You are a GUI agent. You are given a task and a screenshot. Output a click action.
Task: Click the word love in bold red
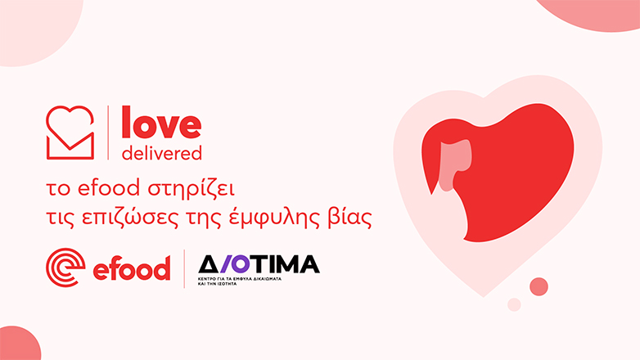[x=160, y=124]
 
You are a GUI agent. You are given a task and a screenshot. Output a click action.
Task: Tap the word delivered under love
[x=160, y=153]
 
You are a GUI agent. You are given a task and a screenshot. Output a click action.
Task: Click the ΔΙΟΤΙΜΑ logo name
[x=259, y=263]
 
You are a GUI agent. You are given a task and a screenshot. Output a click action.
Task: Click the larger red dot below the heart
[x=539, y=286]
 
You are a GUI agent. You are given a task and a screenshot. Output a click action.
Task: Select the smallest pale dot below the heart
[x=514, y=304]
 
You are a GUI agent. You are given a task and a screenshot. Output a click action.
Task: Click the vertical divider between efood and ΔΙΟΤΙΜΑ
[x=184, y=268]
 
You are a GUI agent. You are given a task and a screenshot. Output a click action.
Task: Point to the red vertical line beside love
[x=108, y=133]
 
